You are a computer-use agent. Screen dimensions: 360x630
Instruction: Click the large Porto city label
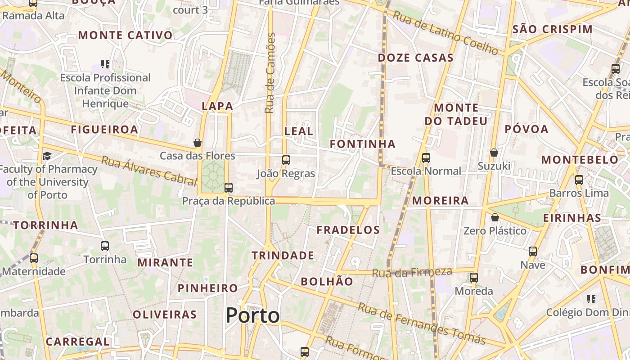click(x=252, y=315)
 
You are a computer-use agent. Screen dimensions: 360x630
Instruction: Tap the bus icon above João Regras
click(x=286, y=160)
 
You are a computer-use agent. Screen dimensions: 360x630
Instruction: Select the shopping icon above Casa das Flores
click(x=197, y=143)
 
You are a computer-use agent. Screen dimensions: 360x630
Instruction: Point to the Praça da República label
click(x=229, y=201)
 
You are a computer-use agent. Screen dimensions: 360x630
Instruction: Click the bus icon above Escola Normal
click(x=426, y=158)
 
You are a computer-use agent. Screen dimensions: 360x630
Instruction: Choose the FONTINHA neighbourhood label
click(x=363, y=144)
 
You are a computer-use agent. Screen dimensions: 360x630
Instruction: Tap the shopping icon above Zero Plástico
click(x=495, y=217)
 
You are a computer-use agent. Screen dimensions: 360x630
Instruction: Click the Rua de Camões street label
click(x=270, y=73)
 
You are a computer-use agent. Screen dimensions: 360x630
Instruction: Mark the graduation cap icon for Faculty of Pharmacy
click(x=47, y=156)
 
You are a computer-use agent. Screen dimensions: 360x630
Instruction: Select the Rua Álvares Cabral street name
click(x=149, y=171)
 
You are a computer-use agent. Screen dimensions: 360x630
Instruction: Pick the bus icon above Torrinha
click(x=105, y=246)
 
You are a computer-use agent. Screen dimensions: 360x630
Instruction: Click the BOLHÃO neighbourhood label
click(x=327, y=282)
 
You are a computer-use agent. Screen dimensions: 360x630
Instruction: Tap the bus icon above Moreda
click(x=473, y=278)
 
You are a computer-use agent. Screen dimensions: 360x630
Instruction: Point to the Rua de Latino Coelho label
click(x=446, y=33)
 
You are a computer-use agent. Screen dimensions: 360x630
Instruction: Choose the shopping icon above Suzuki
click(x=494, y=153)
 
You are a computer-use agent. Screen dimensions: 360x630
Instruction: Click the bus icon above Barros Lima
click(x=579, y=180)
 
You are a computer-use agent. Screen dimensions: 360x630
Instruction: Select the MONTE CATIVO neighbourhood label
click(x=126, y=35)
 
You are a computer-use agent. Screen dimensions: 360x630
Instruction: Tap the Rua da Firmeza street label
click(x=412, y=272)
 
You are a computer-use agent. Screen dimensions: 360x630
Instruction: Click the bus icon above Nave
click(x=533, y=252)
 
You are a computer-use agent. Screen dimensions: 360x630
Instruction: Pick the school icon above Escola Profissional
click(x=105, y=64)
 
